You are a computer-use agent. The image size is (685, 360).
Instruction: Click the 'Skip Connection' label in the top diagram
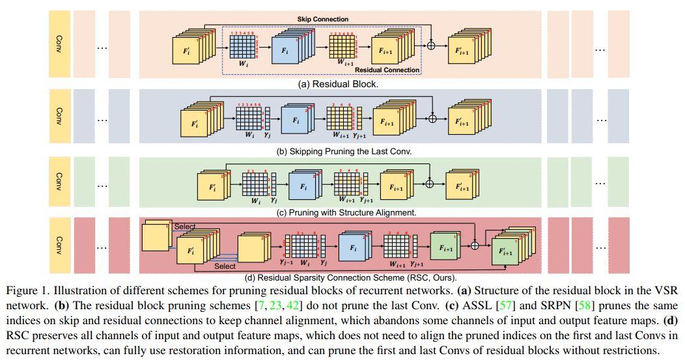tap(322, 20)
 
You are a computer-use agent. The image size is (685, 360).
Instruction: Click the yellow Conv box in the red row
tap(59, 246)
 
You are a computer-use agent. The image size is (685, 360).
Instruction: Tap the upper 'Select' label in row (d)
tap(185, 227)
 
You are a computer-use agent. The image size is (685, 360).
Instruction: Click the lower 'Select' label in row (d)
tap(225, 266)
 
